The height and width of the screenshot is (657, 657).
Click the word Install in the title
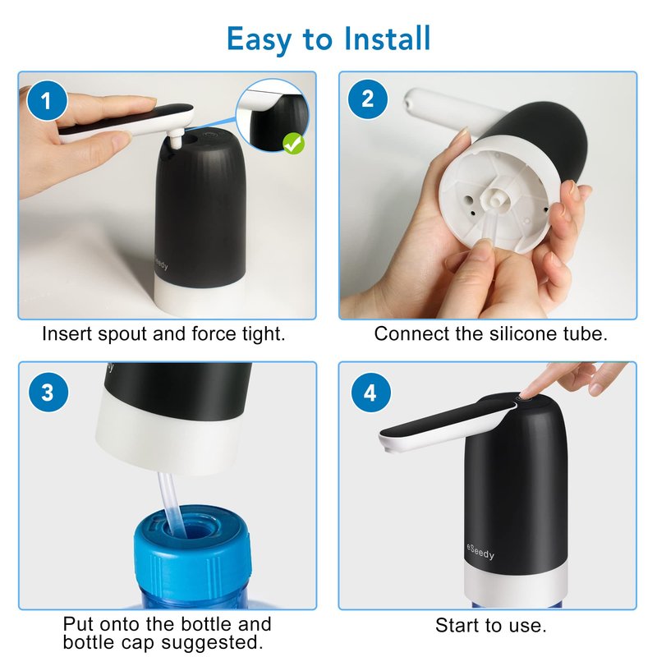coord(387,39)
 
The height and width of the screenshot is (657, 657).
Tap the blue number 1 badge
coord(47,100)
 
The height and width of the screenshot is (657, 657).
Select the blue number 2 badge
coord(367,99)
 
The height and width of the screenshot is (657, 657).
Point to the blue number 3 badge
coord(48,393)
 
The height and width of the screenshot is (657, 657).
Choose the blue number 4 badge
coord(371,393)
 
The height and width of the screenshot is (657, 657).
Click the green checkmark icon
coord(294,143)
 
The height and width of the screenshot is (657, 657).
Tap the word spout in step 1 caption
coord(122,335)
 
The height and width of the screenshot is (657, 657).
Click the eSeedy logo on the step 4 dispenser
coord(480,552)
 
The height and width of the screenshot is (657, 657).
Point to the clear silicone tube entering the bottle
coord(171,503)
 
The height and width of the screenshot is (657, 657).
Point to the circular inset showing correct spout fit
coord(273,115)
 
